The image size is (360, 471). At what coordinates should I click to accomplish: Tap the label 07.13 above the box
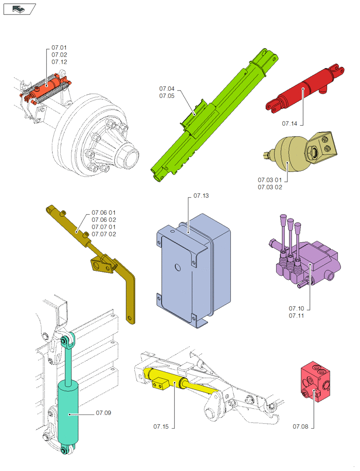tap(201, 196)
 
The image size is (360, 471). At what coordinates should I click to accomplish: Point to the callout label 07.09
tap(104, 413)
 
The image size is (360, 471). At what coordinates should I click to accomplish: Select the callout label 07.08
tap(300, 426)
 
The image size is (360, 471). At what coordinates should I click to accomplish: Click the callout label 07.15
tap(161, 426)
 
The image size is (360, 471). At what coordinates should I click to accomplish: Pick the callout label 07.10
tap(296, 308)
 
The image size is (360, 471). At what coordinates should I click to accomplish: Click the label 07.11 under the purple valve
tap(296, 315)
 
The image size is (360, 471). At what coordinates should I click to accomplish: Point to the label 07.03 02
tap(270, 187)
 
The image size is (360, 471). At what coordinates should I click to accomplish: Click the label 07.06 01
tap(104, 212)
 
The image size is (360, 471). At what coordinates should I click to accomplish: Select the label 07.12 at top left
tap(59, 62)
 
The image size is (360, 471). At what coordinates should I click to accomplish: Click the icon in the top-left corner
tap(19, 8)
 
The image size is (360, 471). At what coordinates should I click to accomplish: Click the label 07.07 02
tap(104, 234)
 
